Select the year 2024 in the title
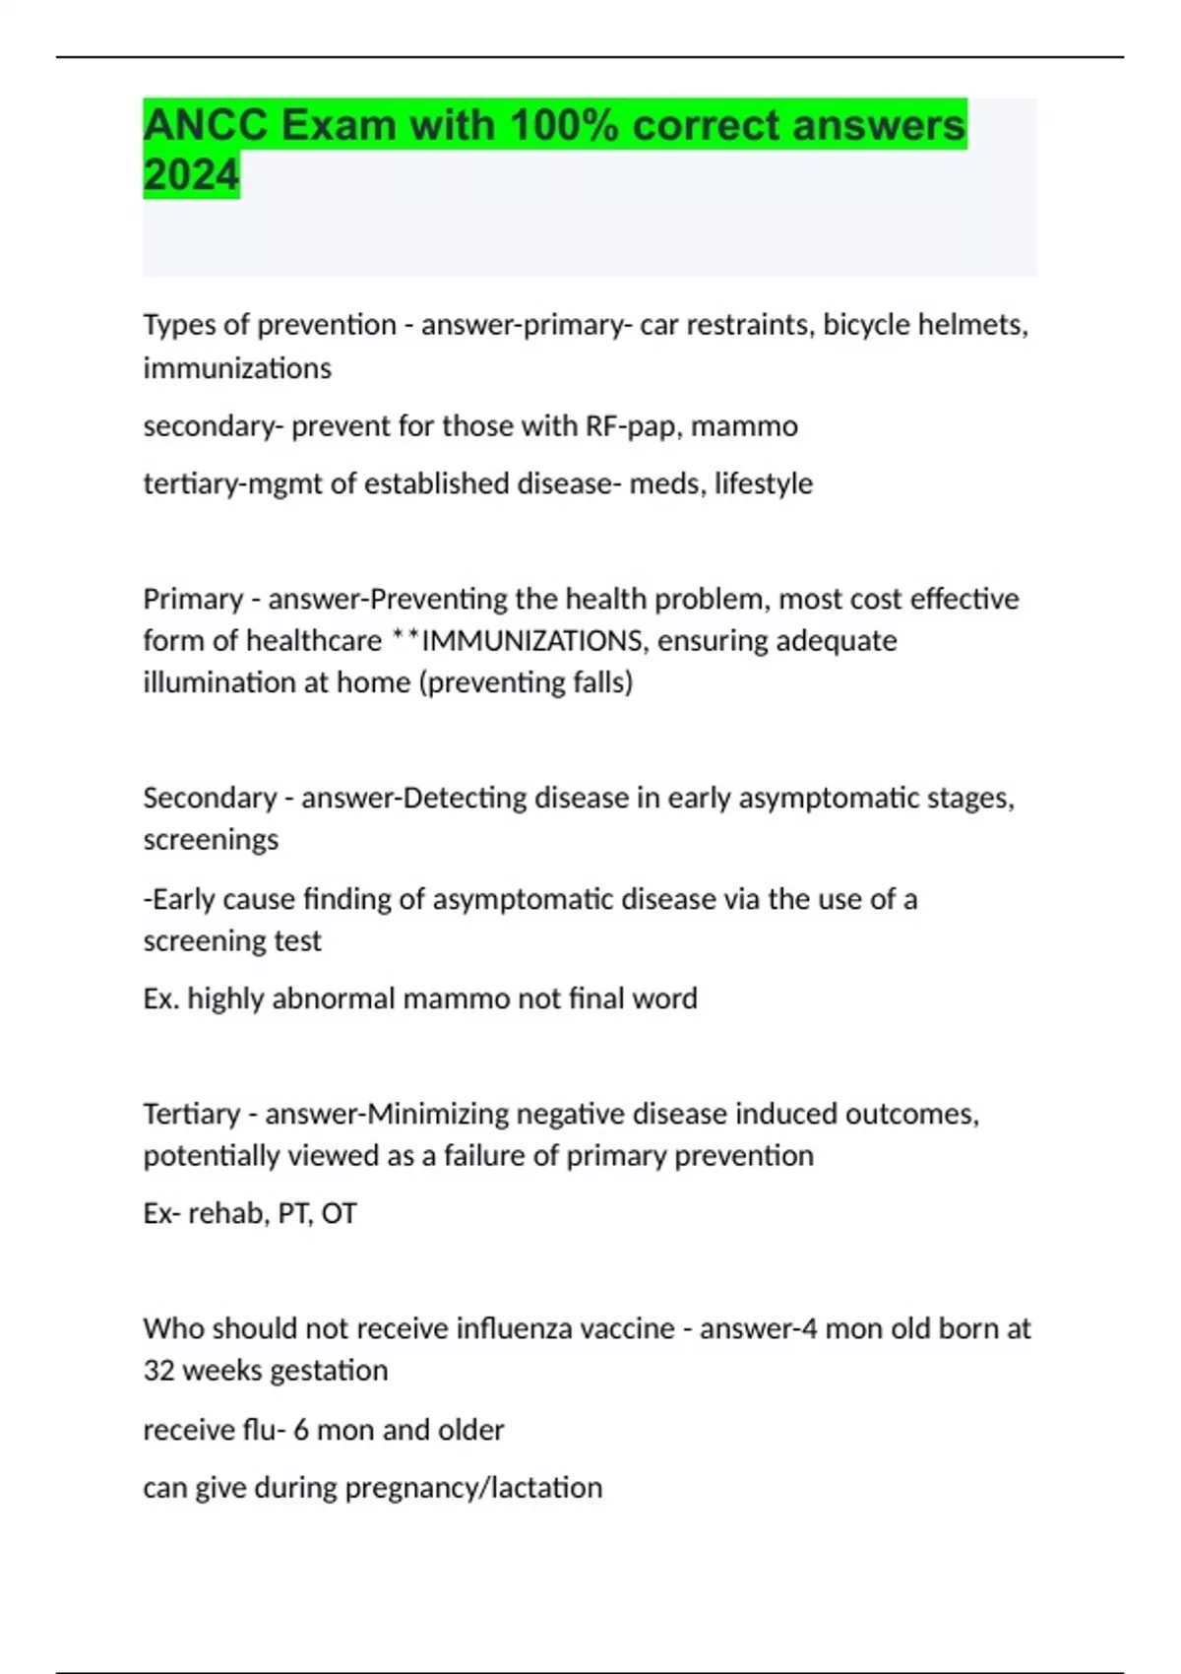coord(191,175)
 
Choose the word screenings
coord(211,839)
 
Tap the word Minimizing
coord(438,1114)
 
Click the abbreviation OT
coord(339,1213)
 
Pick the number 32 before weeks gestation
coord(158,1370)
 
